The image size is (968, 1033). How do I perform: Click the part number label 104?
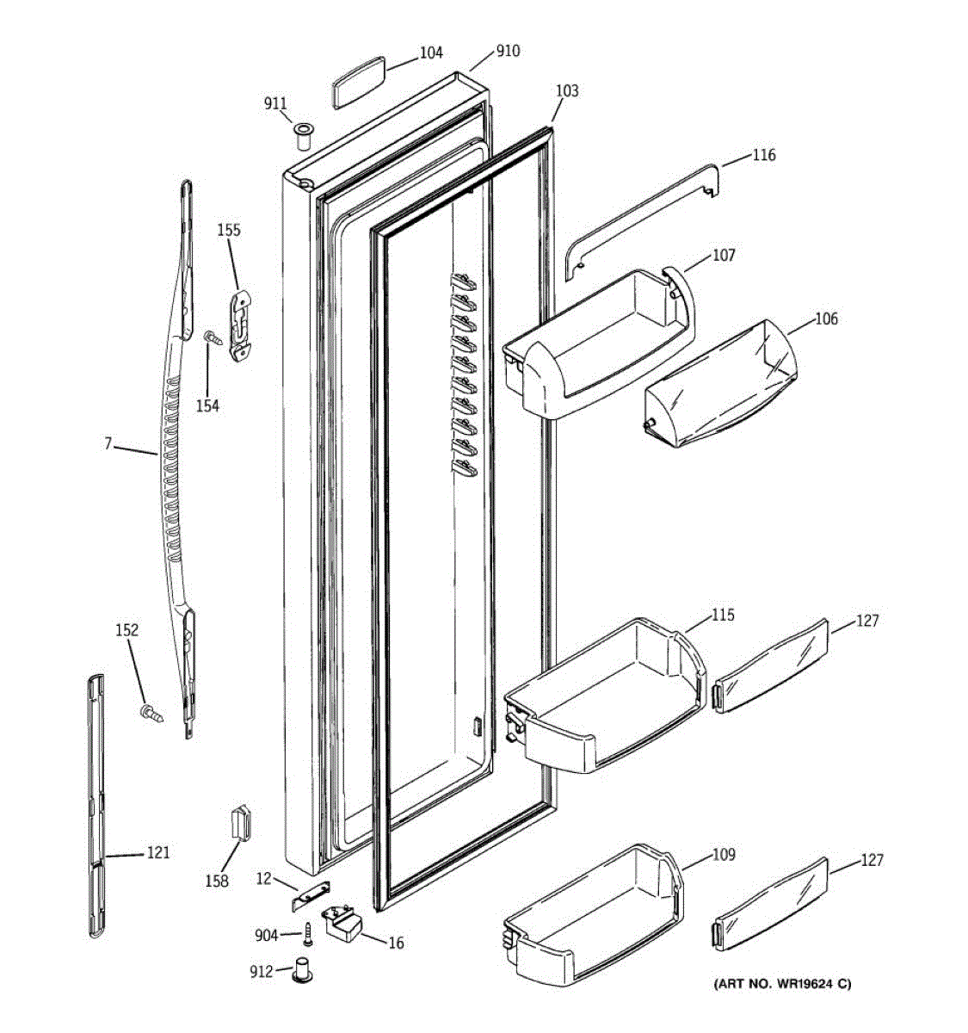point(431,53)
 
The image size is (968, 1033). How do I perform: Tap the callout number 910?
point(508,51)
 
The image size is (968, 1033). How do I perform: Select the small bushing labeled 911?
point(301,135)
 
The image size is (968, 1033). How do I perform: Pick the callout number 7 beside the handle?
point(108,444)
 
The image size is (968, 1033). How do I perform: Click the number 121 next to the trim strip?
point(157,853)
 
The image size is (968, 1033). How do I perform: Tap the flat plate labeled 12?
point(309,897)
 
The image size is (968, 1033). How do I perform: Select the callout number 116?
point(763,155)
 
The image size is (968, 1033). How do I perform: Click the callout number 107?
point(724,255)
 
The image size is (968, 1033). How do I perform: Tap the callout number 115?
point(723,615)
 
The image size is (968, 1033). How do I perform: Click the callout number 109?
point(723,855)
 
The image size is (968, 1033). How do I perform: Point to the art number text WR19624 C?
point(781,984)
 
